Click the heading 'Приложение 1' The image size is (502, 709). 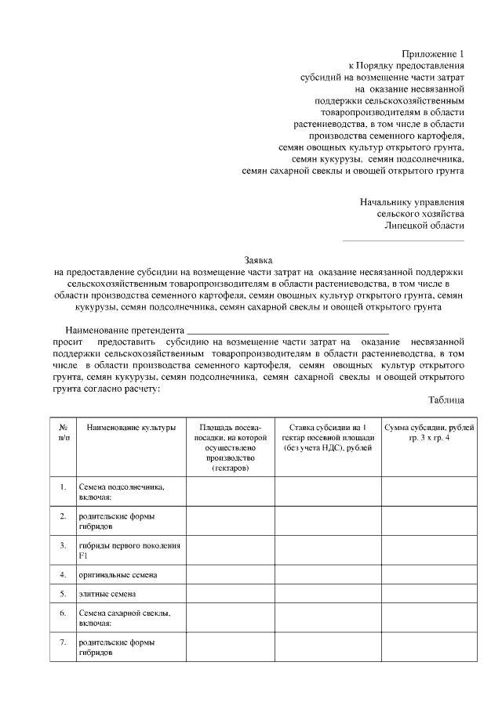click(433, 53)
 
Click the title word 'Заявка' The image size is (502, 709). click(258, 259)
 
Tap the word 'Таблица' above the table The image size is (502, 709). click(446, 400)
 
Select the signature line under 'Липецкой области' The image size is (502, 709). click(403, 239)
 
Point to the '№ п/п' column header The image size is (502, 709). click(63, 432)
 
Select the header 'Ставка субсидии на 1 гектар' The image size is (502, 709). click(328, 437)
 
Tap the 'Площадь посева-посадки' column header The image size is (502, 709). click(229, 447)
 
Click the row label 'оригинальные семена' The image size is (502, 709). click(118, 575)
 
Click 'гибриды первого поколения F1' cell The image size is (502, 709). click(129, 550)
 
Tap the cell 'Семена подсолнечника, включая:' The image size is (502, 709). click(121, 492)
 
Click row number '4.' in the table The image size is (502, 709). click(63, 575)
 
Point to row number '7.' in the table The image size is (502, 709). click(63, 643)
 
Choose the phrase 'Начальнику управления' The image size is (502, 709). click(412, 201)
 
